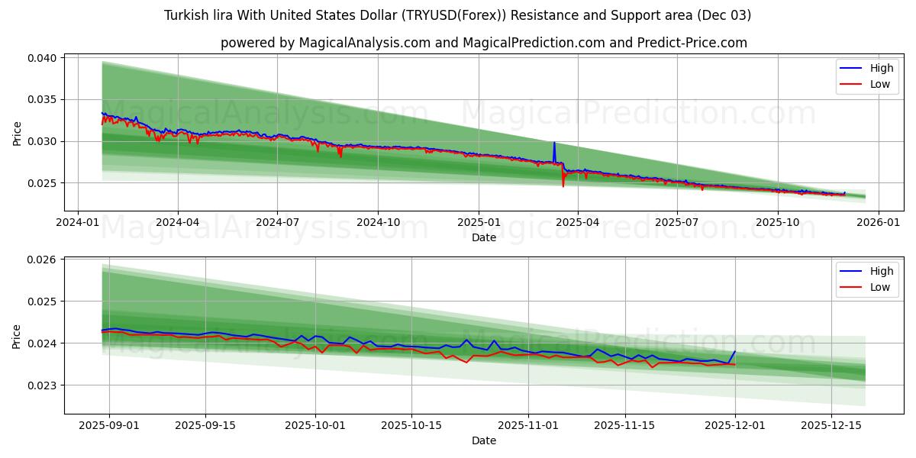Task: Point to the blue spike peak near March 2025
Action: coord(554,143)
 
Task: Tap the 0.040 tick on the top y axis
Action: coord(44,58)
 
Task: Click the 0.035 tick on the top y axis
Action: coord(44,100)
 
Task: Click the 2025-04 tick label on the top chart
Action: coord(577,222)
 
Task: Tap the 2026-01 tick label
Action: coord(878,222)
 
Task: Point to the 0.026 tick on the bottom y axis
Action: coord(44,260)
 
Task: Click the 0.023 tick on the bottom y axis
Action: coord(44,385)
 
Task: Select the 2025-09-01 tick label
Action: coord(109,424)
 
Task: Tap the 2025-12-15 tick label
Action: coord(831,424)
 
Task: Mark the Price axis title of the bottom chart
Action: coord(17,336)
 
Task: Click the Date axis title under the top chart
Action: coord(483,237)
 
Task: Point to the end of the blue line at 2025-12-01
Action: coord(735,352)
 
